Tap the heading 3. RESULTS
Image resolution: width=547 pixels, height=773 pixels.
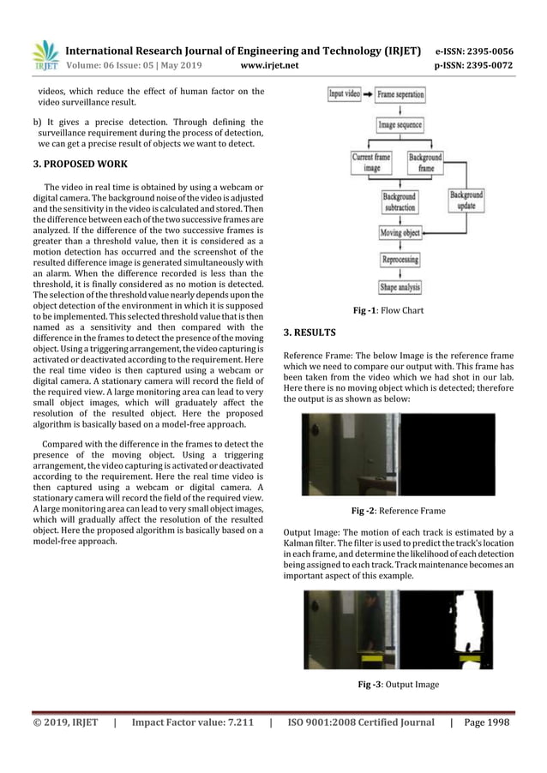click(310, 332)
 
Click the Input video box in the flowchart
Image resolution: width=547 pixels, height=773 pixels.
click(345, 95)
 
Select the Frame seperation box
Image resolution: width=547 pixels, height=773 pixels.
click(400, 95)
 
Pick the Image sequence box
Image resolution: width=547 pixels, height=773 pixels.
click(400, 126)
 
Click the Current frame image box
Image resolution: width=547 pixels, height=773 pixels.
click(372, 163)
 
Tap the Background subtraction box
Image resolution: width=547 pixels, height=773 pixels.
click(400, 202)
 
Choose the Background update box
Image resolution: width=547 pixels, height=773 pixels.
click(466, 202)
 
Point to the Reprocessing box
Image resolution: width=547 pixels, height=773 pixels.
click(400, 259)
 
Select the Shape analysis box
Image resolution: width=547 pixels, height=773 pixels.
click(400, 287)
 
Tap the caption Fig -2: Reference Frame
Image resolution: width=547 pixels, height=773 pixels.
click(398, 511)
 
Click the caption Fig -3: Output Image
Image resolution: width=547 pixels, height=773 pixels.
click(398, 684)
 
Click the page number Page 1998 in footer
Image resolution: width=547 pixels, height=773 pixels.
click(486, 722)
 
